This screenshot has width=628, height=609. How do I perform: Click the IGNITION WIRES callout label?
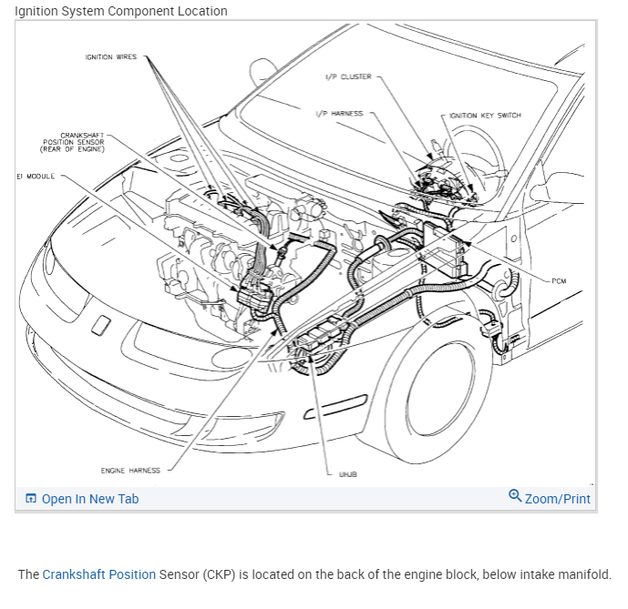point(111,57)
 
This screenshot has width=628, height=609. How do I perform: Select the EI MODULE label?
point(36,176)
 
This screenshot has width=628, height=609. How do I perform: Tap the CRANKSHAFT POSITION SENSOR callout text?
point(74,142)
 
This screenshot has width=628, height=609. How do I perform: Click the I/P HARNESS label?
point(338,114)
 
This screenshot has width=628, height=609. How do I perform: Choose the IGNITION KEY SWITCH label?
point(485,116)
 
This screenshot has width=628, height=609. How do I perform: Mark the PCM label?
point(558,281)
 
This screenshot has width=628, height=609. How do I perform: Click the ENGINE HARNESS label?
point(130,471)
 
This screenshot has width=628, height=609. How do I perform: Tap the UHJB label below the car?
point(348,474)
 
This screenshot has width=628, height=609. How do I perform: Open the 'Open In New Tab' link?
point(90,499)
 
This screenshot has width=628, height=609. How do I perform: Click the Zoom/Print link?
point(557,499)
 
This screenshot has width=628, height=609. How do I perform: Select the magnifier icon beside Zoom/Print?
point(515,496)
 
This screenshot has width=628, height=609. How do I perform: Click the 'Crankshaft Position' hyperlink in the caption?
point(99,574)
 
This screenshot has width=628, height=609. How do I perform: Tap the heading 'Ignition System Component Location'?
point(121,11)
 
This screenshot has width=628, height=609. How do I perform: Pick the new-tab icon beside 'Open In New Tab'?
point(31,499)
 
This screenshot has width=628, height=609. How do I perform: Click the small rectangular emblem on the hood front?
point(101,323)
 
